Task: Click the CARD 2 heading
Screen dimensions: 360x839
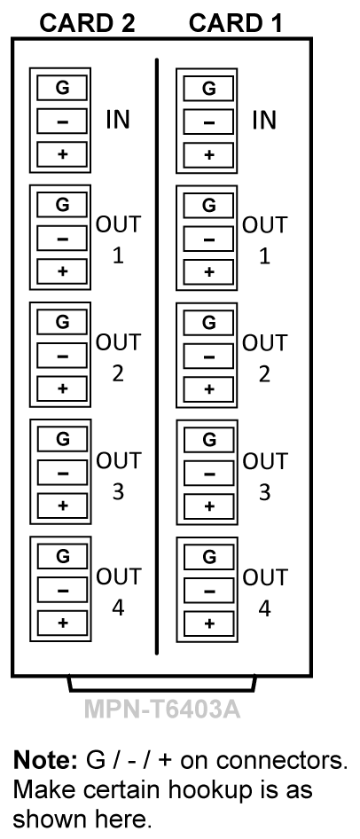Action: (87, 23)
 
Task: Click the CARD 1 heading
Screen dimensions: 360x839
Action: (235, 23)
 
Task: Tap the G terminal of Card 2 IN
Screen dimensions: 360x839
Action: (62, 88)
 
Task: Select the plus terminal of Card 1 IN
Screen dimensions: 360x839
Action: (208, 155)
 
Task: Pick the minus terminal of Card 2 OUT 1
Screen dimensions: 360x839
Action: (62, 238)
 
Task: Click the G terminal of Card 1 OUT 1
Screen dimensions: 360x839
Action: (208, 206)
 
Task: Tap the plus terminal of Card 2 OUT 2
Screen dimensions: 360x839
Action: (62, 388)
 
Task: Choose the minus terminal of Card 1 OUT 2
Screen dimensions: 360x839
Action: (208, 357)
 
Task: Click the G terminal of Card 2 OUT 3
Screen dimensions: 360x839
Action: (62, 439)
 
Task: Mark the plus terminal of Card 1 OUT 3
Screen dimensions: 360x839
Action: (208, 506)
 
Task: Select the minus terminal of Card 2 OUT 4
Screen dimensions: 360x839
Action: (62, 590)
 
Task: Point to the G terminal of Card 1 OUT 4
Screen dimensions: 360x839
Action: (208, 557)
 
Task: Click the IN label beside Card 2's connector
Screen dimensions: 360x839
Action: (118, 120)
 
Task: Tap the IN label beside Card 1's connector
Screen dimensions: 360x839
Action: (264, 120)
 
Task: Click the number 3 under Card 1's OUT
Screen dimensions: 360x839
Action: (265, 492)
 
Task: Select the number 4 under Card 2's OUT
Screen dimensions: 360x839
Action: (118, 608)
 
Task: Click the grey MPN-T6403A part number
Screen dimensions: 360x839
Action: (162, 710)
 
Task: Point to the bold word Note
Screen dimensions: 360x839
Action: (45, 760)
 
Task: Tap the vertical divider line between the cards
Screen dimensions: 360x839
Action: (157, 356)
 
